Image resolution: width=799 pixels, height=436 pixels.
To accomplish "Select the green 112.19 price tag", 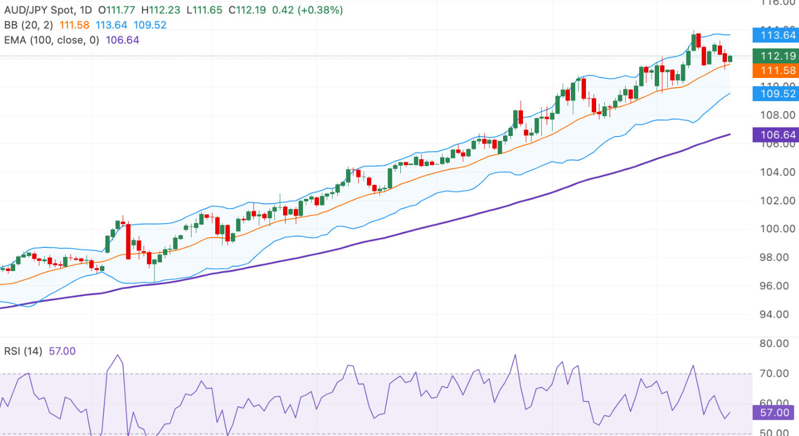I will tap(775, 55).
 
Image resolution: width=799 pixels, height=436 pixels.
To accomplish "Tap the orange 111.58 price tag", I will tap(775, 70).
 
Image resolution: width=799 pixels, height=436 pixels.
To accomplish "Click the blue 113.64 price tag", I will tap(775, 35).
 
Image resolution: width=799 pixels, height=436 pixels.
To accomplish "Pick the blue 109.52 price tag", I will tap(775, 94).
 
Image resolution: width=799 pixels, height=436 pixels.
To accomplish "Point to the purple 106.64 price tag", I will tap(775, 134).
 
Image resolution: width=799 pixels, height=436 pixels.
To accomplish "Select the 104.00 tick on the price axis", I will tap(777, 172).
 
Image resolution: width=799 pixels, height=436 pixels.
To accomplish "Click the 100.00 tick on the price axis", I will tap(777, 228).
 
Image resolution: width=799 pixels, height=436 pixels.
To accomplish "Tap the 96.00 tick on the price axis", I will tap(777, 285).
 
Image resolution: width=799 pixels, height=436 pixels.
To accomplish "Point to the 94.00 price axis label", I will tap(777, 314).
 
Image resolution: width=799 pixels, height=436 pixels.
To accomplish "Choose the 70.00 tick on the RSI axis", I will tap(777, 373).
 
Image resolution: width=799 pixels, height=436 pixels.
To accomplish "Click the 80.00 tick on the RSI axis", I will tap(777, 343).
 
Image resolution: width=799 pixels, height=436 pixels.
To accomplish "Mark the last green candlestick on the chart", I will tap(730, 58).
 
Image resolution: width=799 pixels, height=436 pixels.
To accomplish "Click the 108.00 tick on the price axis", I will tap(777, 115).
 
